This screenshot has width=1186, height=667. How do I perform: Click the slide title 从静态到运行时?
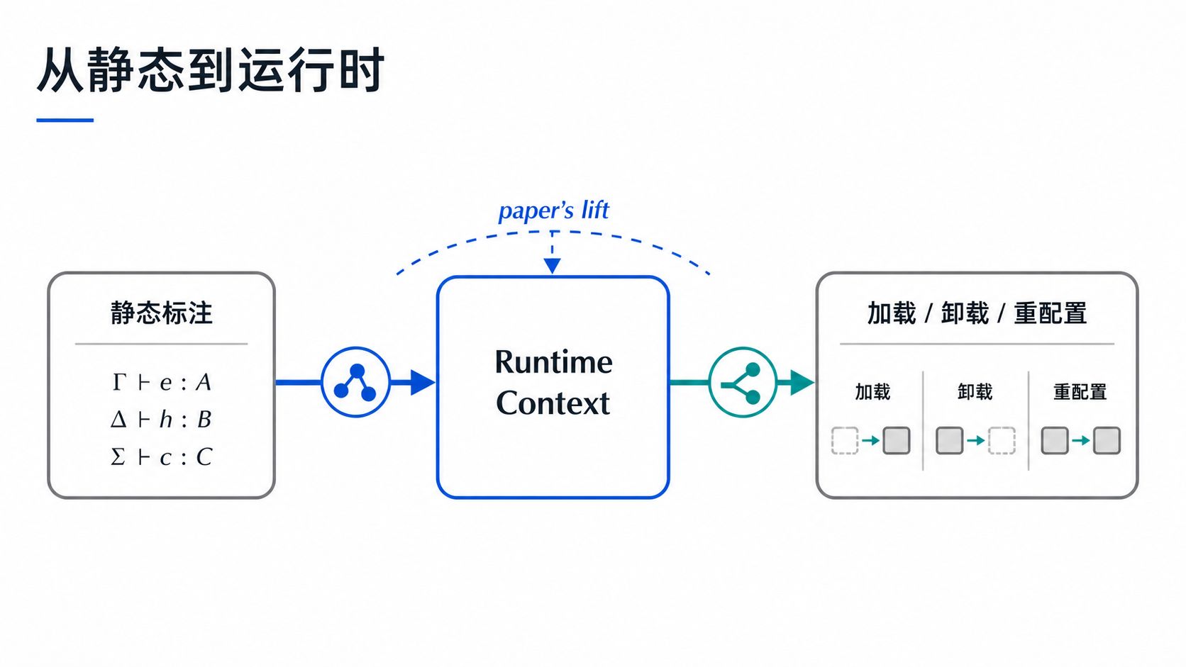point(210,70)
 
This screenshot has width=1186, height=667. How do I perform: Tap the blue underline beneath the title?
point(65,120)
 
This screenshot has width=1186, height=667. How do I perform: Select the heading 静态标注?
point(162,313)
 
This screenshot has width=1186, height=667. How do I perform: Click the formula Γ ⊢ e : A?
point(162,382)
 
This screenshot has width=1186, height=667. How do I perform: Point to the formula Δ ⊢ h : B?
point(162,420)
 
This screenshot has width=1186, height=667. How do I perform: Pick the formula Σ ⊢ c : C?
point(162,457)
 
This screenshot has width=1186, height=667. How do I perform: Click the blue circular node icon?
point(356,382)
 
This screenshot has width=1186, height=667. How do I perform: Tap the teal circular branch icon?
point(743,382)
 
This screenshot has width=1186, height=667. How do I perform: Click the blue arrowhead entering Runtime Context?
point(423,383)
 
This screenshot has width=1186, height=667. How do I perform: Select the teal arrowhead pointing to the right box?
point(802,383)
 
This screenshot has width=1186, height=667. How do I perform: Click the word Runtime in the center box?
point(554,362)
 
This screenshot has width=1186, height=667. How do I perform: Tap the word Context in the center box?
point(553,403)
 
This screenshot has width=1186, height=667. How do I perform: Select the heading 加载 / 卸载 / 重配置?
point(977,313)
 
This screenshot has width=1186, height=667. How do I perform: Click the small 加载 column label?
point(872,392)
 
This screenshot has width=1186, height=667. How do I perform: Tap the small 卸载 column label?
point(975,392)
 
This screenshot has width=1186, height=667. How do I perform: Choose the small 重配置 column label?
point(1080,392)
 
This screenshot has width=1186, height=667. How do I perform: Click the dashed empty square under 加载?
point(845,441)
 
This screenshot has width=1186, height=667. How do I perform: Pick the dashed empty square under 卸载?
point(1002,441)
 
